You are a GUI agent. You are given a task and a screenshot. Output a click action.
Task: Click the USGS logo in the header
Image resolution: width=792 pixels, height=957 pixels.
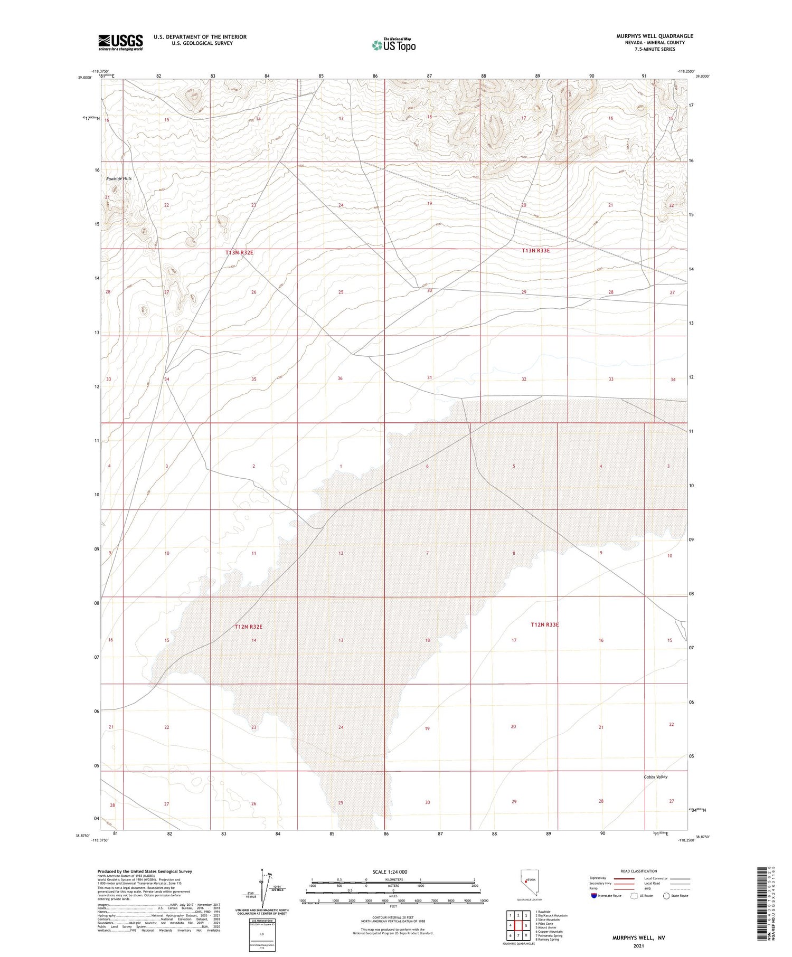pyautogui.click(x=120, y=42)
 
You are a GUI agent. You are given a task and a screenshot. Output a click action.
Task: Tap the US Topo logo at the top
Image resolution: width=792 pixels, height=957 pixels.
pyautogui.click(x=394, y=45)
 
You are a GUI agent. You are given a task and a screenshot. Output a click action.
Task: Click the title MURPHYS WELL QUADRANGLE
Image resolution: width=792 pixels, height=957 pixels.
pyautogui.click(x=655, y=36)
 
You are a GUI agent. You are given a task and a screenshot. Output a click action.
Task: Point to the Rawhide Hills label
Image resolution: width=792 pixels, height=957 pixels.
pyautogui.click(x=119, y=179)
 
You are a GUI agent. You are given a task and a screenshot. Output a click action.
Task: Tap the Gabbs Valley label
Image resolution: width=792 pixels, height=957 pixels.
pyautogui.click(x=655, y=776)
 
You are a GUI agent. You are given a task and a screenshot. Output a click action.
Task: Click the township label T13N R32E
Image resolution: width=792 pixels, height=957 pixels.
pyautogui.click(x=240, y=253)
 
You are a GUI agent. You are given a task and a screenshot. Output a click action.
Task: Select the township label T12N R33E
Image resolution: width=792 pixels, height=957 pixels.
pyautogui.click(x=544, y=624)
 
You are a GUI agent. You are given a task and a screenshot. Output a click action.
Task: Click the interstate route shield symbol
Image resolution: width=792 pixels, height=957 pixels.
pyautogui.click(x=594, y=896)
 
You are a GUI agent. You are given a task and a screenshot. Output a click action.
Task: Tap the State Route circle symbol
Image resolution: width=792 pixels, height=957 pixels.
pyautogui.click(x=666, y=896)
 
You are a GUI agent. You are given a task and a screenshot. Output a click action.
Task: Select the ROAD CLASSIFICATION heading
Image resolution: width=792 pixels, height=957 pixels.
pyautogui.click(x=639, y=871)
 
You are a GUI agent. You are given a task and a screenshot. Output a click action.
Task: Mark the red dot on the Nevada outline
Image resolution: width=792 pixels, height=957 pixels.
pyautogui.click(x=526, y=880)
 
